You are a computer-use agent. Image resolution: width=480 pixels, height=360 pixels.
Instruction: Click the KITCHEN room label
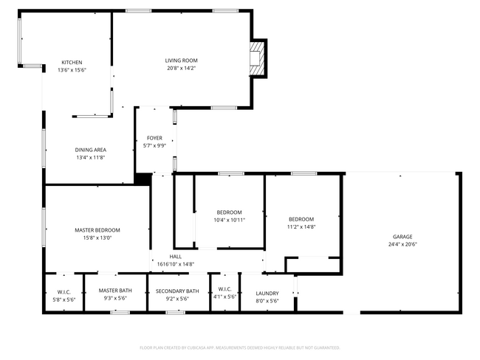tap(72, 62)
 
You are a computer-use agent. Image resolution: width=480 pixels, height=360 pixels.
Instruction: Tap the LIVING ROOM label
tap(181, 60)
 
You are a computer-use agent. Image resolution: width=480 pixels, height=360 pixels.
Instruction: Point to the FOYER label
tap(154, 138)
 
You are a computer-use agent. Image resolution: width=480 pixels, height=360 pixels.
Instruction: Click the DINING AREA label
tap(90, 150)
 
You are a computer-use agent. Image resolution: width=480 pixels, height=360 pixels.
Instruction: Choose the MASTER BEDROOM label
tap(97, 230)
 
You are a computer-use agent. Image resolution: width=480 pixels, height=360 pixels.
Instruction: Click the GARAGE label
tap(402, 237)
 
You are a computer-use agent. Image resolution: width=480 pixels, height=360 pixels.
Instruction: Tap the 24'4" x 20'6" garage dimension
tap(402, 244)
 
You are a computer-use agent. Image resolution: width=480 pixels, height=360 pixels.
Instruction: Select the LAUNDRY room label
tap(267, 293)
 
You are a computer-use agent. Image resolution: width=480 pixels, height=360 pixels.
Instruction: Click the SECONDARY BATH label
tap(177, 291)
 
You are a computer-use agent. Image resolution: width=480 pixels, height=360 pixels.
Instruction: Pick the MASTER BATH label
tap(115, 291)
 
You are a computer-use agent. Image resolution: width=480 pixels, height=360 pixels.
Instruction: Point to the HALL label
tap(176, 257)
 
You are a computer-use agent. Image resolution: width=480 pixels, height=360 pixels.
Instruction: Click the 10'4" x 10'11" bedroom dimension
tap(229, 220)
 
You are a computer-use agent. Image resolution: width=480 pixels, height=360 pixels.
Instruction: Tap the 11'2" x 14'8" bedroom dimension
tap(301, 227)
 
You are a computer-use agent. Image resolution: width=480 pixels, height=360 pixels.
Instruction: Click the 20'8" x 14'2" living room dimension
tap(181, 68)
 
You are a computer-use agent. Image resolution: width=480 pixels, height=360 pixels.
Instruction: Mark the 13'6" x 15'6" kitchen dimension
tap(72, 69)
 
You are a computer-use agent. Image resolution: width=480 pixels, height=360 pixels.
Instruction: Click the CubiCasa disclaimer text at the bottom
tap(239, 347)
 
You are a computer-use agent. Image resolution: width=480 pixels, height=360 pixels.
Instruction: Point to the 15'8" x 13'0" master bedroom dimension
tap(97, 238)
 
